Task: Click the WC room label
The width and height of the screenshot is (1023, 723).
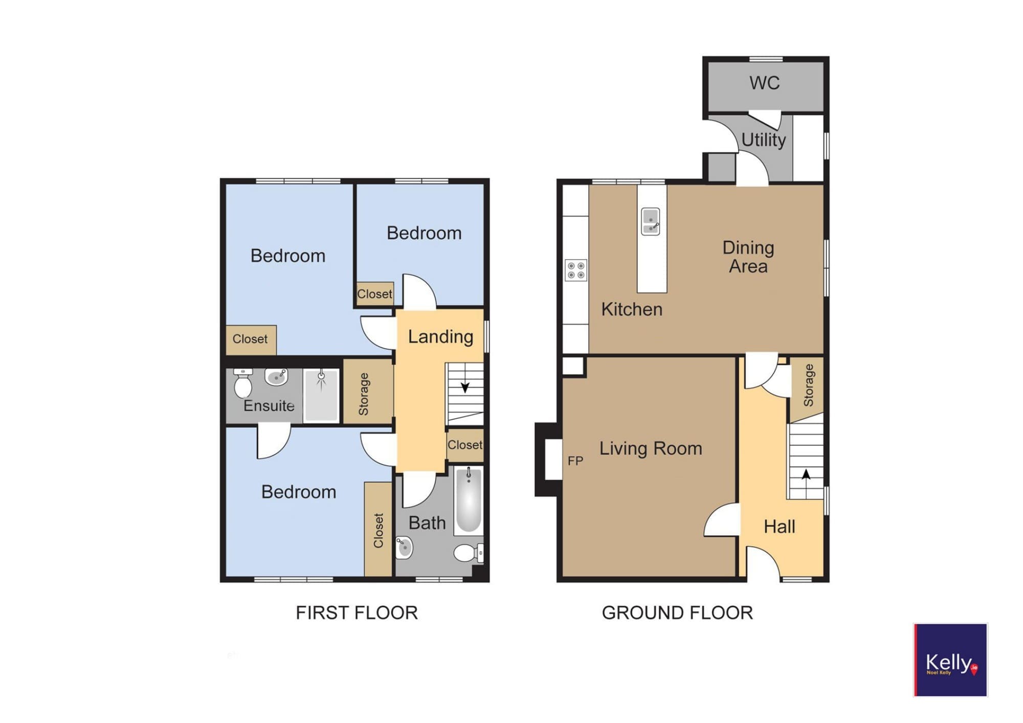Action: [x=764, y=83]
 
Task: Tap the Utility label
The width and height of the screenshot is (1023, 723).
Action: [x=763, y=140]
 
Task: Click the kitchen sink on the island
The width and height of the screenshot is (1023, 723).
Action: [x=650, y=221]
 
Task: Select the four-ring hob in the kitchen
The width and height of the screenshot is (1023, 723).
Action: [x=576, y=270]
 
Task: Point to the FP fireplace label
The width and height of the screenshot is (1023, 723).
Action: [x=575, y=461]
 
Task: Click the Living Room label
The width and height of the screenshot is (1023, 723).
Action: [x=651, y=448]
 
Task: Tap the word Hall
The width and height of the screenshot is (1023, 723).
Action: [x=779, y=527]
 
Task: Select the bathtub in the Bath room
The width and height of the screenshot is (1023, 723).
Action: [x=469, y=501]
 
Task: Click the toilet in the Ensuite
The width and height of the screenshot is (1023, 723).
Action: [x=243, y=383]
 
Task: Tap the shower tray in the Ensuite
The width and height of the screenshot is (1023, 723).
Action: [x=321, y=395]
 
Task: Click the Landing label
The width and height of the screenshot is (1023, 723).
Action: [x=440, y=337]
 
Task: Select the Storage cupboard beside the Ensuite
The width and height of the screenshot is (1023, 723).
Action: [x=368, y=392]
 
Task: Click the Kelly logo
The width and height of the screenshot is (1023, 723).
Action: [x=950, y=660]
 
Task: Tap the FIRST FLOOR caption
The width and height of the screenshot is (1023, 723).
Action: [x=357, y=613]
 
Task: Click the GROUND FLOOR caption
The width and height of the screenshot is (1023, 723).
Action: [x=677, y=613]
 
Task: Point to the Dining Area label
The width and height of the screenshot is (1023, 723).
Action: [x=748, y=257]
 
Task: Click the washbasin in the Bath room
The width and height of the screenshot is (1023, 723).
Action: [x=404, y=547]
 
